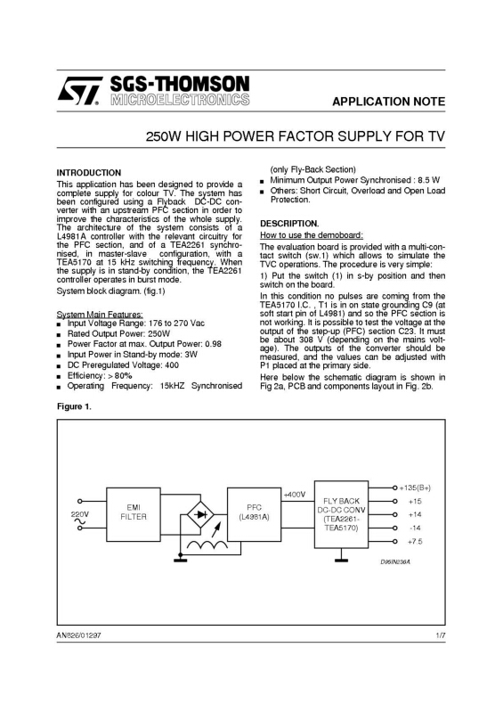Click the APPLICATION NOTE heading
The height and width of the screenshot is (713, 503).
click(x=388, y=102)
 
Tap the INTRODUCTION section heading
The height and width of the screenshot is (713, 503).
click(x=89, y=173)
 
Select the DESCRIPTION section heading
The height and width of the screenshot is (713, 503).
click(x=289, y=224)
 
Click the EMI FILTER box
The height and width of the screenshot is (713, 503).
click(x=134, y=514)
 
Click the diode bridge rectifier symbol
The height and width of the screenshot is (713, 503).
click(x=200, y=515)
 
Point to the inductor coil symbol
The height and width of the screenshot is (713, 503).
click(x=207, y=545)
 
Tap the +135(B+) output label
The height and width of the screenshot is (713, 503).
click(x=415, y=488)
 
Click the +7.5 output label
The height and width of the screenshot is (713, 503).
click(x=415, y=542)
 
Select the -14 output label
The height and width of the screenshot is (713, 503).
click(x=415, y=528)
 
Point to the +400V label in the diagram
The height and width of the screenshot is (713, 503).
click(x=295, y=495)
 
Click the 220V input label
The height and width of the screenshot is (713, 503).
click(x=80, y=514)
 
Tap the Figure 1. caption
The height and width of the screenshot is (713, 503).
click(x=74, y=406)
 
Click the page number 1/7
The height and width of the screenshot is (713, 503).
click(x=441, y=635)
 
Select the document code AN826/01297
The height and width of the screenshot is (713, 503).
click(x=78, y=635)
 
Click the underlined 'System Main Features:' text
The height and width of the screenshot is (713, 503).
click(x=100, y=315)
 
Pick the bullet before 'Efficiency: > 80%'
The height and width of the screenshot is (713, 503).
click(x=59, y=376)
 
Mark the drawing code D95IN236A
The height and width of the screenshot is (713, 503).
click(x=396, y=562)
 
